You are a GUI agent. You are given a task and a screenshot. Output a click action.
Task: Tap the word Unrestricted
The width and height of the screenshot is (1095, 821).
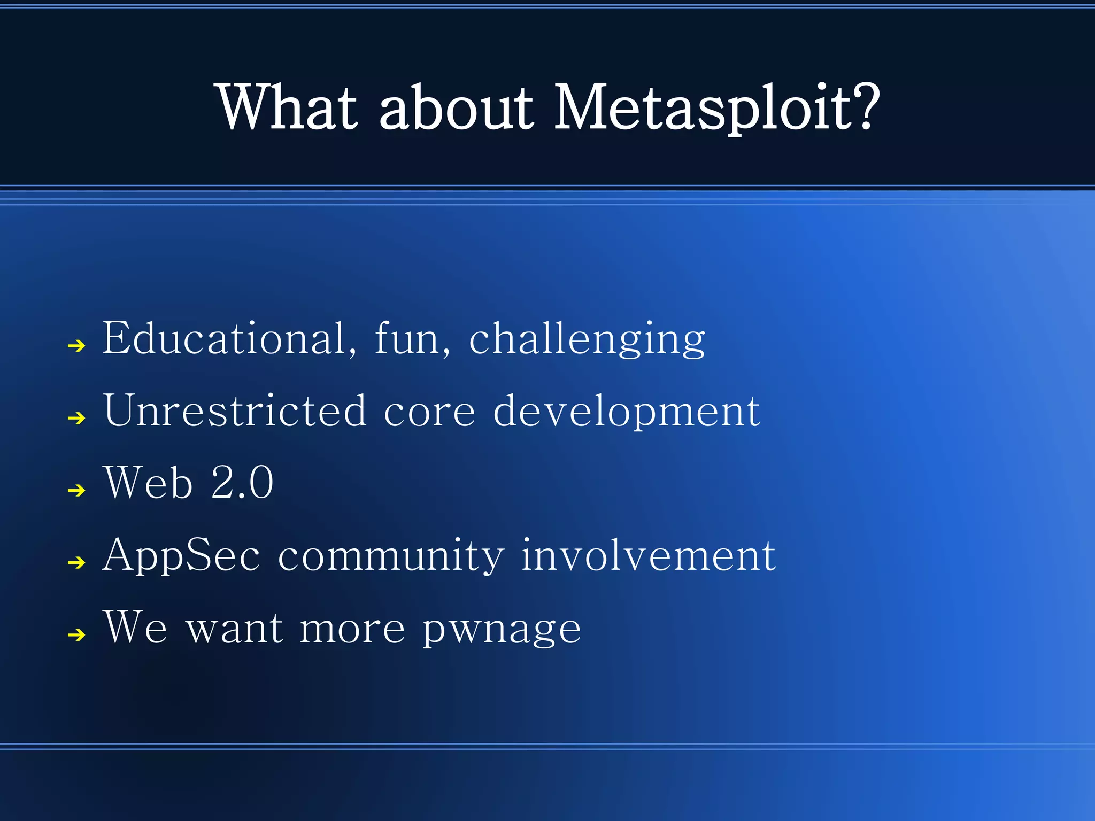pos(235,410)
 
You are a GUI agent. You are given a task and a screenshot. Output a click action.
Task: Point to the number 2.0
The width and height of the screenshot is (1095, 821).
pos(242,483)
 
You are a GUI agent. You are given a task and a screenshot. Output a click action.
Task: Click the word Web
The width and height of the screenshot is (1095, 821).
pos(148,483)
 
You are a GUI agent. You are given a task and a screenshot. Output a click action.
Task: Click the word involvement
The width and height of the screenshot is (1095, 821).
pos(648,556)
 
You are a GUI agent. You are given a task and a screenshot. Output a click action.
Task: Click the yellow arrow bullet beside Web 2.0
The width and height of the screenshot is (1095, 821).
pos(77,490)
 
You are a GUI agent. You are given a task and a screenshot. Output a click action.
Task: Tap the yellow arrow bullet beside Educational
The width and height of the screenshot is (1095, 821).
pos(77,346)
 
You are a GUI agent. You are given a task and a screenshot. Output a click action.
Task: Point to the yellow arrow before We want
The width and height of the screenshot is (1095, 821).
pos(77,635)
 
